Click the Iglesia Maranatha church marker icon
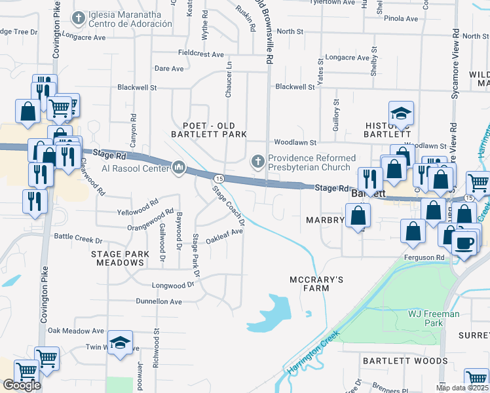coord(79,18)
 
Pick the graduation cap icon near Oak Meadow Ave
coord(120,343)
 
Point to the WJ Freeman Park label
coord(434,318)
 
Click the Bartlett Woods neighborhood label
coord(405,360)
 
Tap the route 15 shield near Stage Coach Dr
coord(219,178)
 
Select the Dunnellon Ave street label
coord(159,301)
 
